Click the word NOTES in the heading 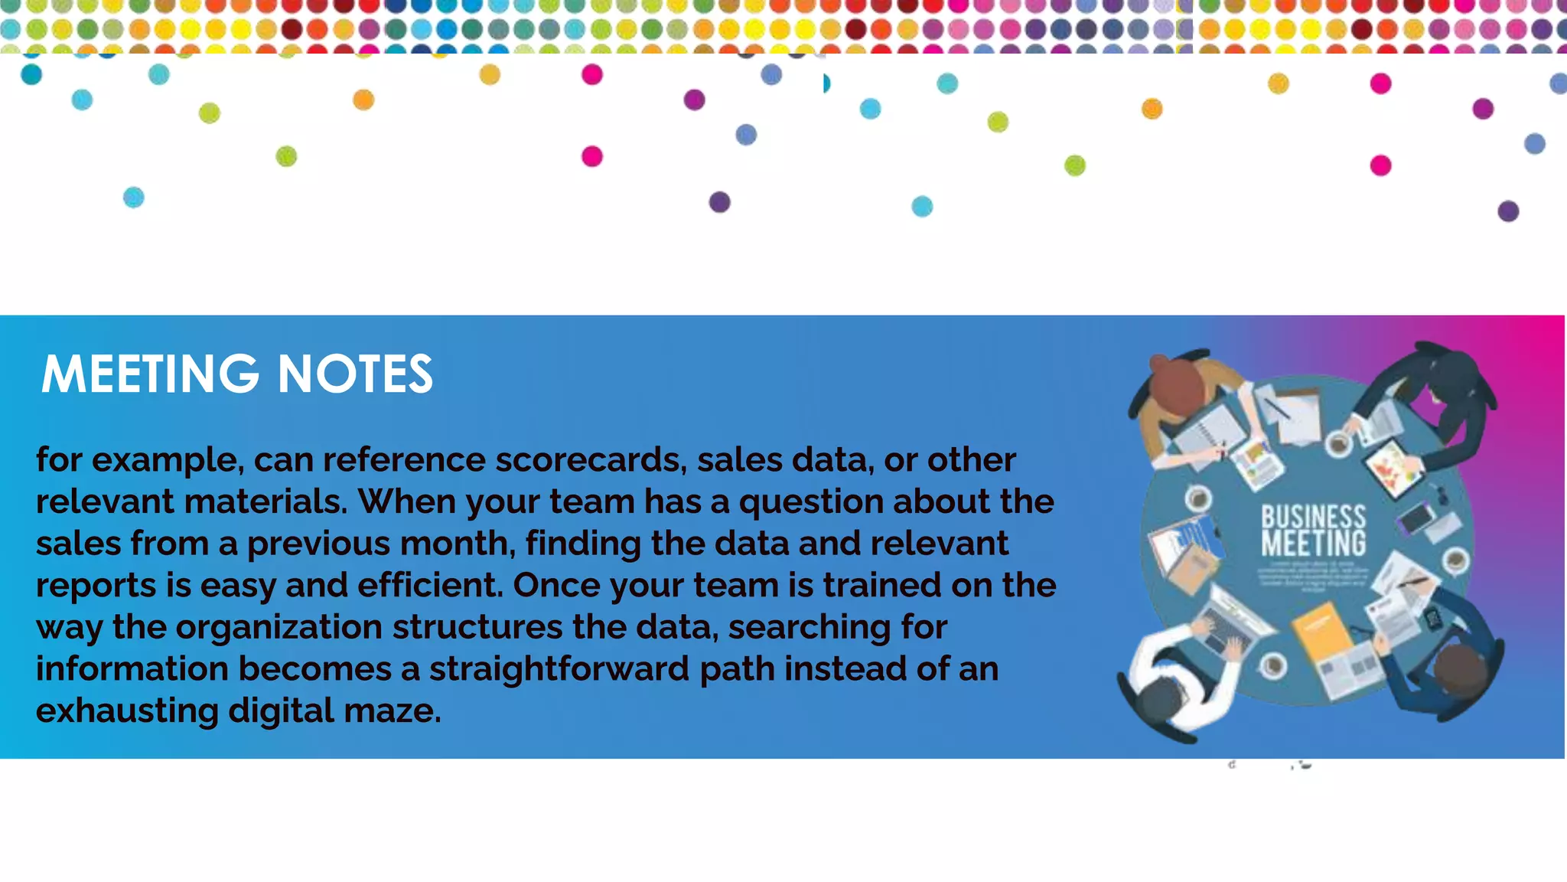(355, 374)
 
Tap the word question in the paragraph (810, 501)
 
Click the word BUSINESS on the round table (1313, 517)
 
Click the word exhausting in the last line (127, 710)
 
